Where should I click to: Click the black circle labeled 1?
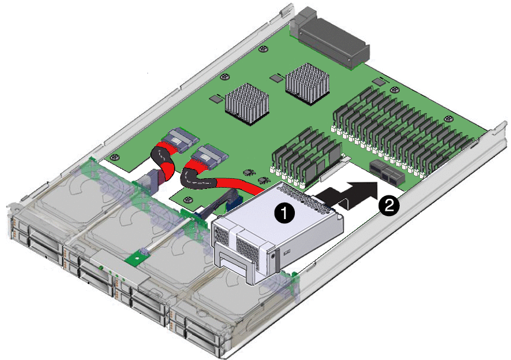(284, 213)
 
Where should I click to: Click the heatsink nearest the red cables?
(247, 103)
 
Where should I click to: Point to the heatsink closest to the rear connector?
(307, 83)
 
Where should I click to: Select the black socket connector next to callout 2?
(387, 173)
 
